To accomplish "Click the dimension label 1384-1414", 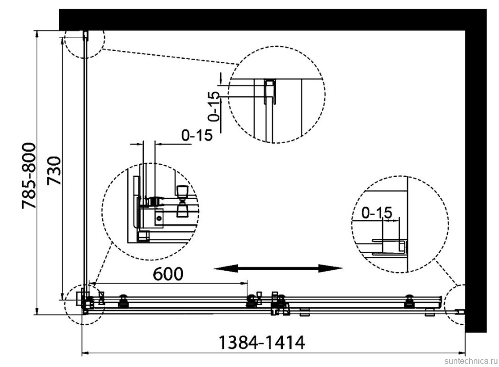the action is pyautogui.click(x=262, y=342).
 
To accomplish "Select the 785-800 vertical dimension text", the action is pyautogui.click(x=29, y=176).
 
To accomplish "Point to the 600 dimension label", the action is pyautogui.click(x=168, y=274).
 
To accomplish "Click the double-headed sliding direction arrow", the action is pyautogui.click(x=278, y=268).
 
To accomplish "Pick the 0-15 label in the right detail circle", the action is pyautogui.click(x=377, y=213).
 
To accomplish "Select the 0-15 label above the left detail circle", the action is pyautogui.click(x=197, y=135).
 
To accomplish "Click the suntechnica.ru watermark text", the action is pyautogui.click(x=471, y=361).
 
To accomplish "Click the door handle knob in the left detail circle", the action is pyautogui.click(x=182, y=201).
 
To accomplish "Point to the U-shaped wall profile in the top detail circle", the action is pyautogui.click(x=270, y=91).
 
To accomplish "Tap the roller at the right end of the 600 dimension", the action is pyautogui.click(x=252, y=301).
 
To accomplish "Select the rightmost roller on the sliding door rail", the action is pyautogui.click(x=409, y=301).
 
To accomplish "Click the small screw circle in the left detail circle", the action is pyautogui.click(x=159, y=218).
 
